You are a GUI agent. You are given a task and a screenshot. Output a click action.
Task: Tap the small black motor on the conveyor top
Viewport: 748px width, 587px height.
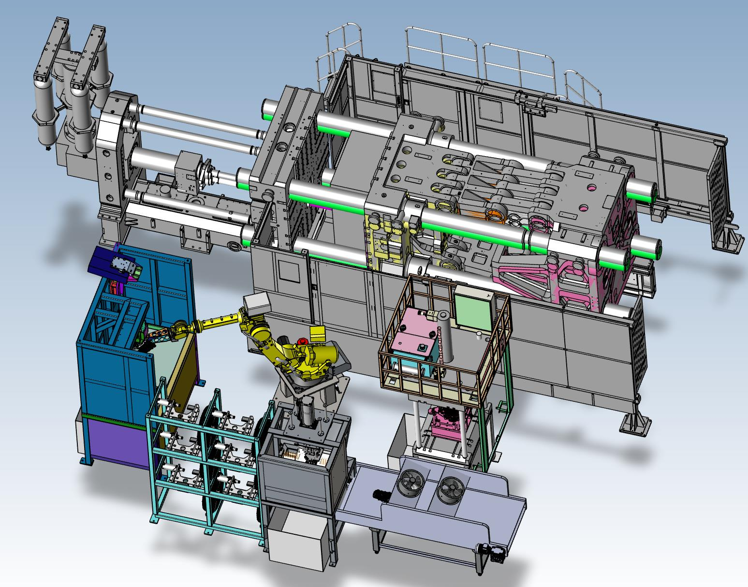(x=379, y=496)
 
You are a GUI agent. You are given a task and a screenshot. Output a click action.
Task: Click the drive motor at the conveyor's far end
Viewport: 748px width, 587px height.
(x=493, y=552)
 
